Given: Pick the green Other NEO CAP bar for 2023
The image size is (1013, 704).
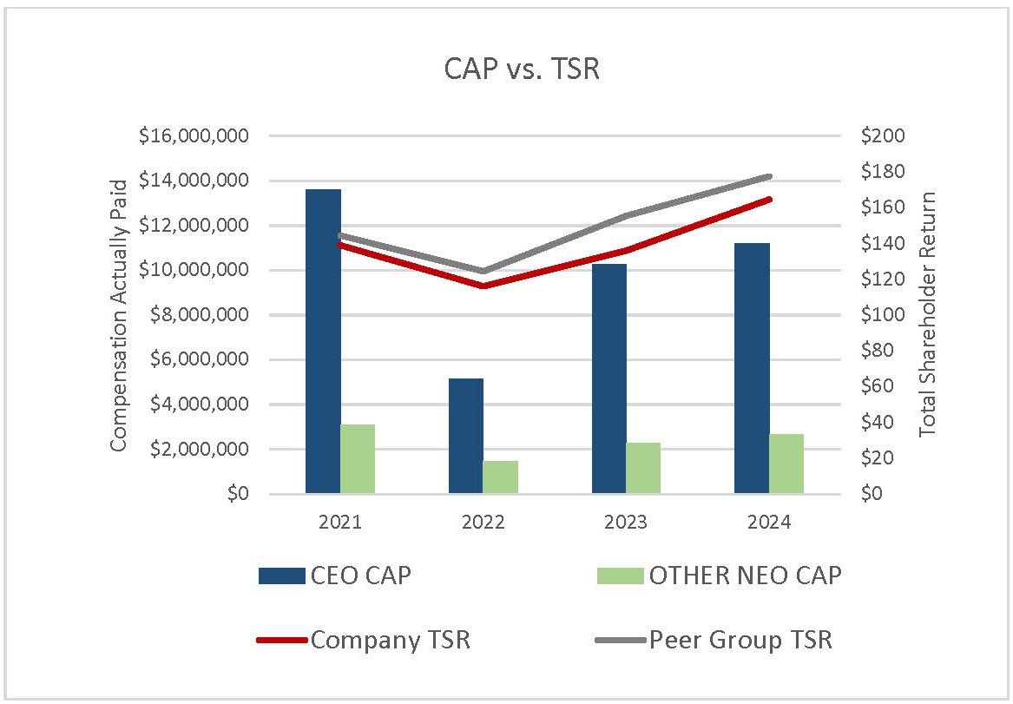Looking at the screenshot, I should coord(643,468).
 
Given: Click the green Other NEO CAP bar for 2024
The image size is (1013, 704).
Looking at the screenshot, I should coord(786,464).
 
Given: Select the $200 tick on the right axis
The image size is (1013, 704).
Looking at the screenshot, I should coord(883,136).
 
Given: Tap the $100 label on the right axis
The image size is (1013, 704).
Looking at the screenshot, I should coord(883,315).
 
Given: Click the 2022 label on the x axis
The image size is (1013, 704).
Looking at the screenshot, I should coord(483,523).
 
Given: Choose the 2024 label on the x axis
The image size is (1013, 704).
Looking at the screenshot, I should coord(769,523).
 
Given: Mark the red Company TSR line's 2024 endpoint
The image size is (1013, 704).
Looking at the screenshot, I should coord(769,200).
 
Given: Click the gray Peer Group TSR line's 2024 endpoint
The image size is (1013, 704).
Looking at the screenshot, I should coord(769,176).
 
